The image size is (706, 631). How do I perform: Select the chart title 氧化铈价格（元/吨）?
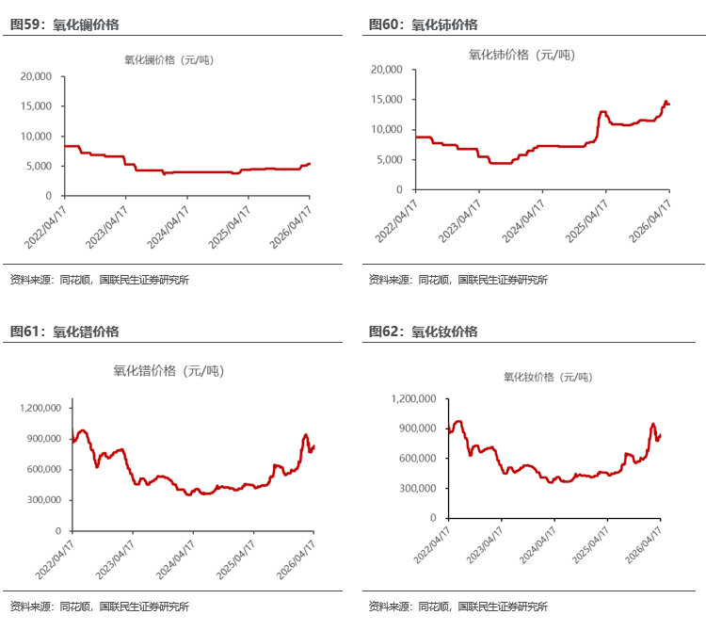point(521,55)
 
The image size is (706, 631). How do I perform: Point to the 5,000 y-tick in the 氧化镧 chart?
point(40,166)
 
